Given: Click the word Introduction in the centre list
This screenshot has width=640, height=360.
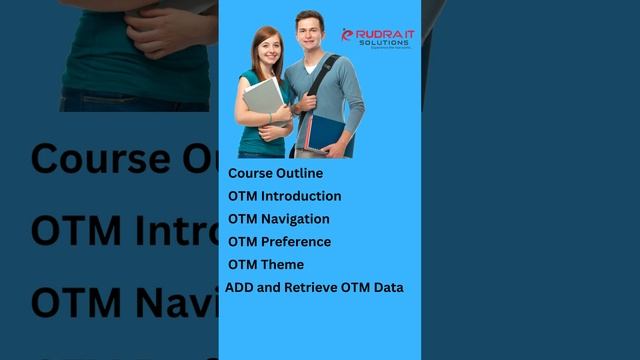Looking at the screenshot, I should (301, 196).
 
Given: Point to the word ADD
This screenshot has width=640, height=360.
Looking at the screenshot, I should (238, 288).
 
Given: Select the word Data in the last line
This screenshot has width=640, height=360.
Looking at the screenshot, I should (387, 288).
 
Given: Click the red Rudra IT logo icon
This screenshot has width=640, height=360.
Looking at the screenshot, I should (348, 35).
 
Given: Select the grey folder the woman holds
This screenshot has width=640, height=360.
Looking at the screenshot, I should (262, 99).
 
